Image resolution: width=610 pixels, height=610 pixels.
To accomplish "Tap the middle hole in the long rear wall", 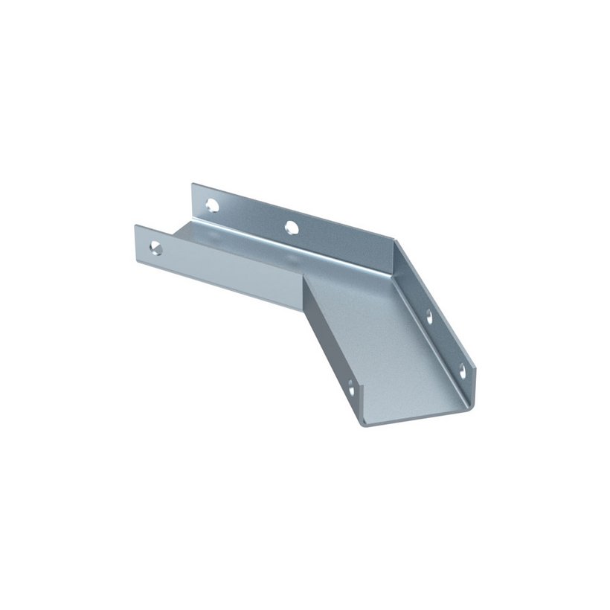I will click(292, 226).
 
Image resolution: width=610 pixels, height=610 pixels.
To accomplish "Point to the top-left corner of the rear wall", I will click(193, 183).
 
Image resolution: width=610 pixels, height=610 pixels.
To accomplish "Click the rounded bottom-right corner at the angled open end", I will click(466, 405).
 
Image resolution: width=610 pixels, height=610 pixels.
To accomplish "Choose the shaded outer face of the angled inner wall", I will click(327, 350).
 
